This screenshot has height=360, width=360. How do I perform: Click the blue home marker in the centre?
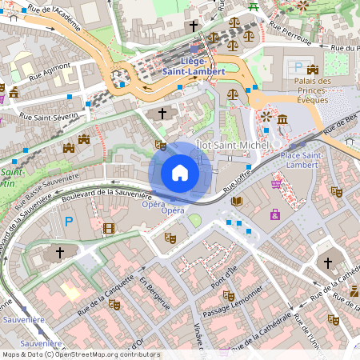[180, 172]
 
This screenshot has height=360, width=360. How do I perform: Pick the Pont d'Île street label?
[223, 276]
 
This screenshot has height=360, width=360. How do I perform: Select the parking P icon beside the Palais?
[298, 68]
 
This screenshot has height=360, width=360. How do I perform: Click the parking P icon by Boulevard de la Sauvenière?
[69, 221]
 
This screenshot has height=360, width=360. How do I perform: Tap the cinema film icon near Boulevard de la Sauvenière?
[109, 229]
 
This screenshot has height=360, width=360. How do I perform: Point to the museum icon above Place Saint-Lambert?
[282, 120]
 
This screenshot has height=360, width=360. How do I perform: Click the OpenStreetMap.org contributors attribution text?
[117, 354]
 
